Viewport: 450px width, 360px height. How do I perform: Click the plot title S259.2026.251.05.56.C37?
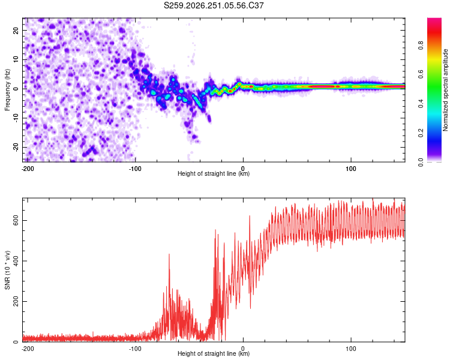click(214, 5)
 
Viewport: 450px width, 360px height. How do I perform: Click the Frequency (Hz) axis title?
click(7, 90)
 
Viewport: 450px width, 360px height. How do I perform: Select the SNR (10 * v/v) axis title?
click(7, 270)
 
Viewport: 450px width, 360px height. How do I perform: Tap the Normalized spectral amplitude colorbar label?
click(445, 90)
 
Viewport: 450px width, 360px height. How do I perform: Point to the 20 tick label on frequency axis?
click(16, 31)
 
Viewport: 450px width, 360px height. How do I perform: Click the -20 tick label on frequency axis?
click(16, 148)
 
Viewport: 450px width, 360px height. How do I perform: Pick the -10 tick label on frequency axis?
click(16, 118)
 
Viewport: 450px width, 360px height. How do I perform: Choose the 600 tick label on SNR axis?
click(16, 220)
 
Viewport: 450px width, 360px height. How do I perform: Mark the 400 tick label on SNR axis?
click(16, 261)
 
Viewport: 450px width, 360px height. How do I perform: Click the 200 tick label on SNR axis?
click(16, 301)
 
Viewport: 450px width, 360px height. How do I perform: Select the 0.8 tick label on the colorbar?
click(421, 45)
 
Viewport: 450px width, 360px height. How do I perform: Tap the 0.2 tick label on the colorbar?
click(421, 133)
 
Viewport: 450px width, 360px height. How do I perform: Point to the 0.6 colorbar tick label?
click(421, 74)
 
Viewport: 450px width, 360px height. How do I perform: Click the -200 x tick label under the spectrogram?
click(28, 169)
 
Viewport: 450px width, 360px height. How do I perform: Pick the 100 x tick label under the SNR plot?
click(351, 349)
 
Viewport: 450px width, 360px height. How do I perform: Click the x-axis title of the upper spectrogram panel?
click(214, 173)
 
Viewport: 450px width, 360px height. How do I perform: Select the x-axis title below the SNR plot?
click(214, 353)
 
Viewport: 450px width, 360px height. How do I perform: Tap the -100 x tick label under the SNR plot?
click(135, 349)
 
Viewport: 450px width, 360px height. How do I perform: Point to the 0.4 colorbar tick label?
click(421, 104)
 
